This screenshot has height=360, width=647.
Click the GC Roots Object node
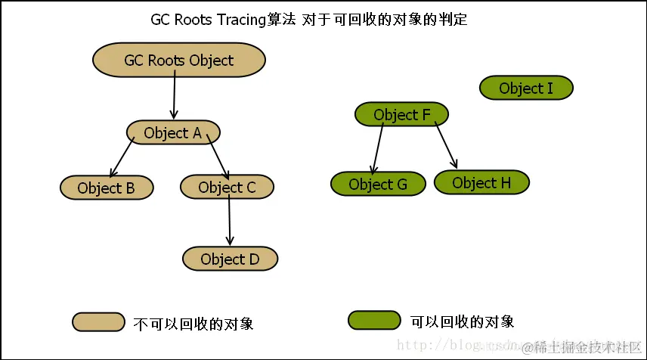point(179,61)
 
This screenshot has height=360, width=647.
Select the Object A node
point(173,133)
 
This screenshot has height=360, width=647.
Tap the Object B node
point(106,188)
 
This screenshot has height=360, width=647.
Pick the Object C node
point(227,187)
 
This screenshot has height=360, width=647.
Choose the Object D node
point(230,259)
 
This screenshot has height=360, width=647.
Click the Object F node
point(401,115)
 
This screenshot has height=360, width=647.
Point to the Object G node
point(377,184)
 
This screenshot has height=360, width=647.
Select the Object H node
point(481,182)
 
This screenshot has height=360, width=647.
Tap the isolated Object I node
point(526,88)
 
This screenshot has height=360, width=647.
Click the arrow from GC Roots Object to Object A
point(175,98)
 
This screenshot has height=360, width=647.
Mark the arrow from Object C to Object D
point(229,222)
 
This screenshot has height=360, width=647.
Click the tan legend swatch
point(98,322)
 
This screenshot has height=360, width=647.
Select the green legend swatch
point(374,321)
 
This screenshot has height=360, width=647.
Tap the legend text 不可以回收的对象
point(193,324)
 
